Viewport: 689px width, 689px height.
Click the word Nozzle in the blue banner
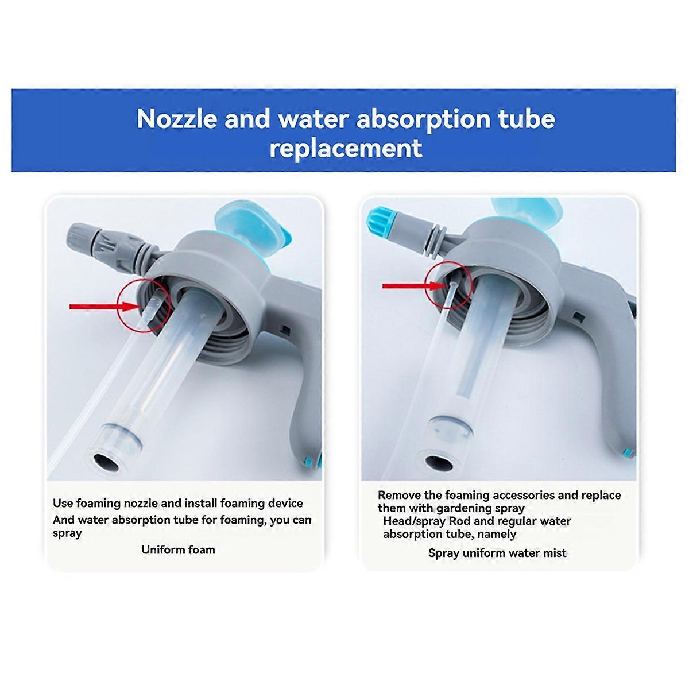[x=177, y=119]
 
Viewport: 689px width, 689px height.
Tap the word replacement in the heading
[x=346, y=148]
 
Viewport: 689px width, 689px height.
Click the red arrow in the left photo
[x=105, y=307]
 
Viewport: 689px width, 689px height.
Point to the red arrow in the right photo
[x=415, y=286]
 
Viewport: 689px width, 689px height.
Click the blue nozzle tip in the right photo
[x=376, y=218]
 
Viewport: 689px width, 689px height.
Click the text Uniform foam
[x=178, y=549]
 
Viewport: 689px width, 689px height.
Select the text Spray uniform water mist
[x=497, y=553]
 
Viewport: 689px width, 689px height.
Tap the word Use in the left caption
[x=63, y=503]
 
